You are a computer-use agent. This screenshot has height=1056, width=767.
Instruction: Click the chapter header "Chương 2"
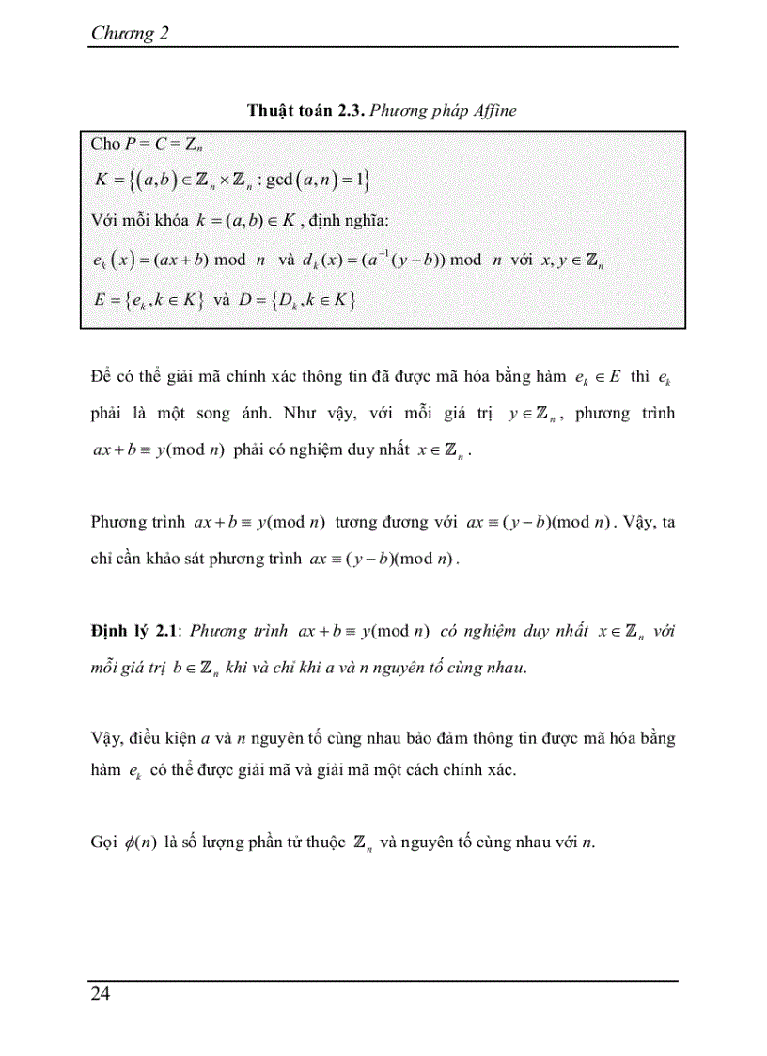point(129,34)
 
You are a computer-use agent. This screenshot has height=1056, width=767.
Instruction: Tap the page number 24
point(100,994)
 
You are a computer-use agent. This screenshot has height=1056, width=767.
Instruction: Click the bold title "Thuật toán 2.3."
point(305,110)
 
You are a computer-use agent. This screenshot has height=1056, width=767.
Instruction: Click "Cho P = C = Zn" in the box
point(148,144)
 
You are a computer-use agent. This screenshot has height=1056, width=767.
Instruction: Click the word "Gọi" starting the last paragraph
point(102,842)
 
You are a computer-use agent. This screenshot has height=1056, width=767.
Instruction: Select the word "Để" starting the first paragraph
point(102,378)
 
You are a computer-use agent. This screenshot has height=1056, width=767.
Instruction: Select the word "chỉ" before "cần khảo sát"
point(100,559)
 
